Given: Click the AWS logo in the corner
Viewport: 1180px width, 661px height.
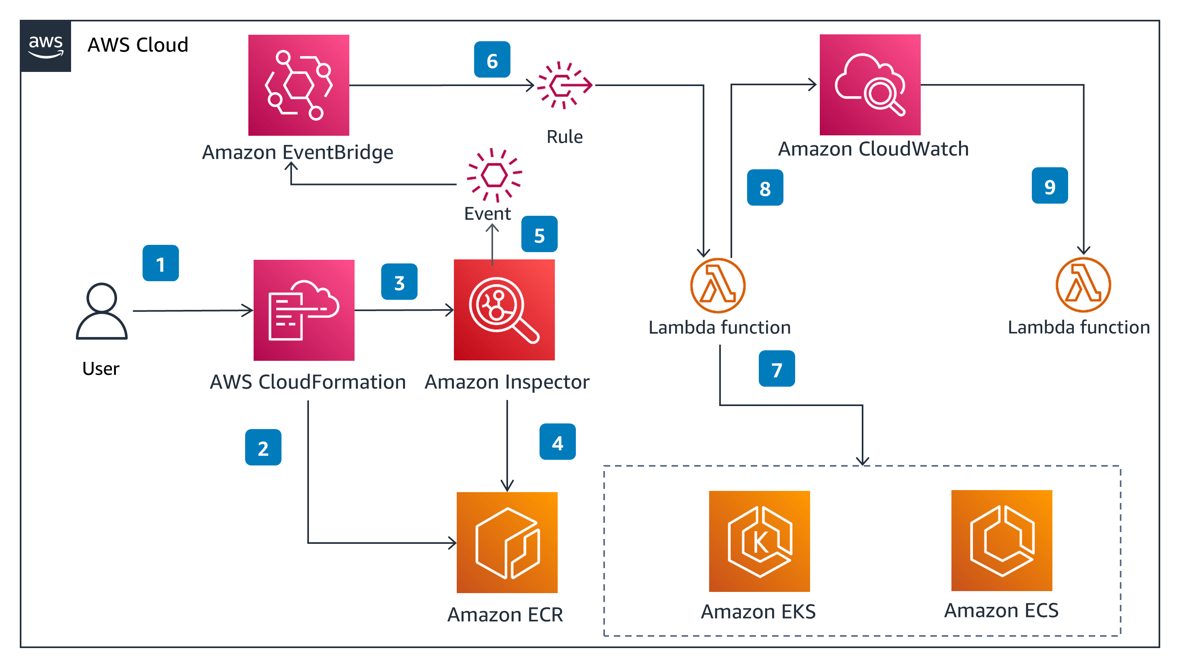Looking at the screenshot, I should [x=45, y=46].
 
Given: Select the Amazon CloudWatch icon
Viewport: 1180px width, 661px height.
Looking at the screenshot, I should [x=869, y=84].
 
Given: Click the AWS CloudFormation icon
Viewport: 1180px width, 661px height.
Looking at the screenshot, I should [x=304, y=310].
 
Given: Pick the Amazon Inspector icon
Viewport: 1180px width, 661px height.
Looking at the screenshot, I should [x=504, y=310].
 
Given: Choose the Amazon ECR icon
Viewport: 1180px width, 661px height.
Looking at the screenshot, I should [x=507, y=542].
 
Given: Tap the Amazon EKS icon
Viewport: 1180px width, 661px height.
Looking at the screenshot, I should [x=759, y=541].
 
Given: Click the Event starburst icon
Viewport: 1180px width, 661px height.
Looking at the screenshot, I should [x=494, y=175].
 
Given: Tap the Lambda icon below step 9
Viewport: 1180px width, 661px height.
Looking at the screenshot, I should [x=1083, y=285].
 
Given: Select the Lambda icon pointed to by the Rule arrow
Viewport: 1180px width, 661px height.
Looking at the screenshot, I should [x=717, y=286].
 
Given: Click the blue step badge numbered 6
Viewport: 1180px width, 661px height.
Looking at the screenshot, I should [x=492, y=59].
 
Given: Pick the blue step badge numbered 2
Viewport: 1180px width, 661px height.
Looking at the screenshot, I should [x=263, y=447].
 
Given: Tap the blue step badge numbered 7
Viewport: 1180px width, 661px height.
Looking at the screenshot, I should [x=777, y=368].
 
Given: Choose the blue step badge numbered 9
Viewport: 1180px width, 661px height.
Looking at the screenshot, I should [x=1050, y=185].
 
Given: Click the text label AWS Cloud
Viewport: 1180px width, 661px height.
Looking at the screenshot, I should [x=138, y=45].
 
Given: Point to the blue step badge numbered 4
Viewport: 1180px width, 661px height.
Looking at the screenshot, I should [x=557, y=442].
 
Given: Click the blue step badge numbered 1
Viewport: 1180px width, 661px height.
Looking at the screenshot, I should [x=160, y=263].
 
